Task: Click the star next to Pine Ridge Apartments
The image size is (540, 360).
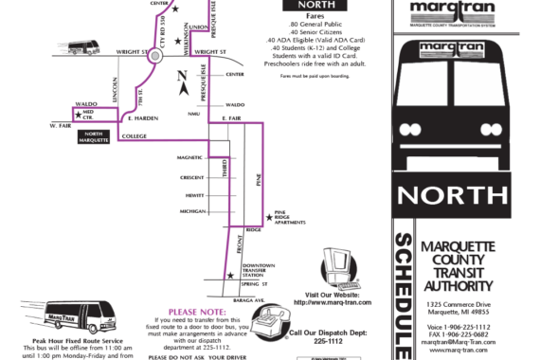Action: [x=267, y=217]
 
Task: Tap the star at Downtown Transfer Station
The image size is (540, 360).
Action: [x=229, y=275]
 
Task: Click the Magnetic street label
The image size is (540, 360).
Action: [x=189, y=156]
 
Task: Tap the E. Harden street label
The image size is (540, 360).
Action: [x=143, y=117]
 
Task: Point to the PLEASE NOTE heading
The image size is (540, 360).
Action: [x=196, y=311]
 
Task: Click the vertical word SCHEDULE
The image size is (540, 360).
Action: [x=401, y=295]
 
